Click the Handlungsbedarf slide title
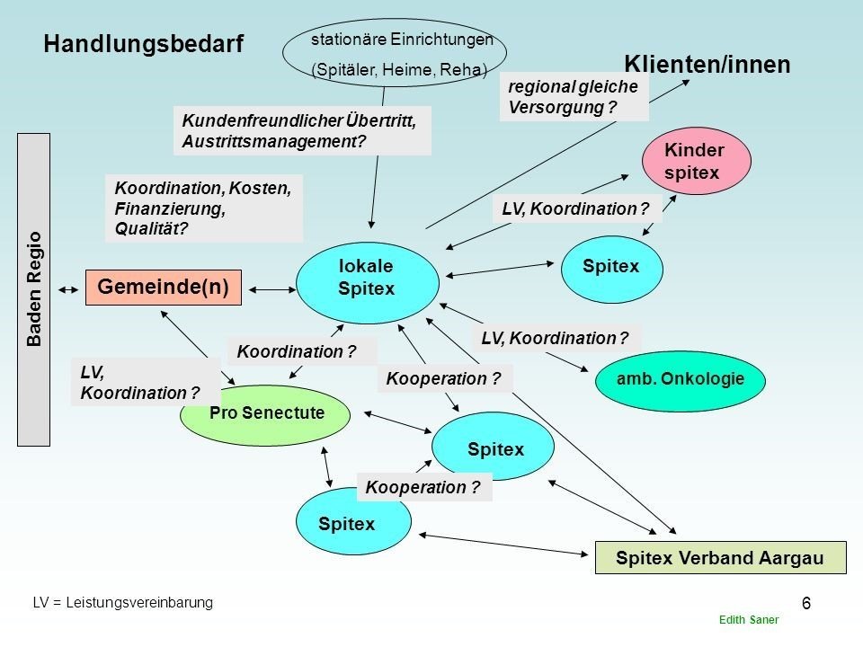[143, 43]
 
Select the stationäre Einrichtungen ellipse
[395, 53]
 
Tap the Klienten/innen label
[707, 65]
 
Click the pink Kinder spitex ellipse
[696, 161]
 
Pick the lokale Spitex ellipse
[368, 283]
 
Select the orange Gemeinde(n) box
[164, 288]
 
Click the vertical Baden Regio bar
[33, 289]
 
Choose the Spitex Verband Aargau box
[720, 557]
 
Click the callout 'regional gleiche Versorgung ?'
[574, 97]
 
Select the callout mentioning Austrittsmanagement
[302, 131]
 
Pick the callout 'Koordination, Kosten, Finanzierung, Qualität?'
[204, 208]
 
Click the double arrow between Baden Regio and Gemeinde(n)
[68, 290]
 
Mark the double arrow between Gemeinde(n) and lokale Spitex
[272, 289]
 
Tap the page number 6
[806, 604]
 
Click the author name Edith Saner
[749, 620]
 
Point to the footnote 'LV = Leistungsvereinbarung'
[123, 602]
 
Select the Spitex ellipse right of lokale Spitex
[612, 269]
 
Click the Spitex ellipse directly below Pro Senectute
[353, 522]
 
